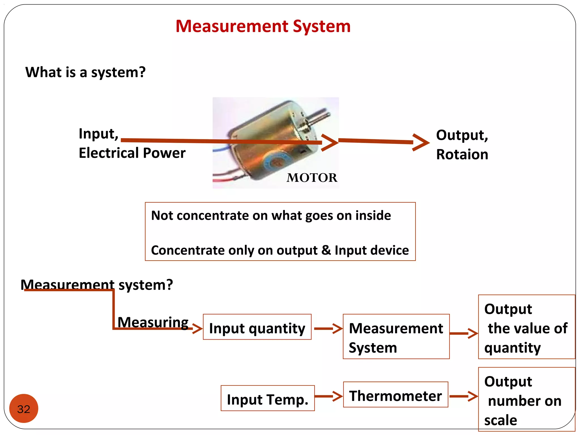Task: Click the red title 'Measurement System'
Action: click(263, 26)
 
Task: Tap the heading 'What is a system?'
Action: click(85, 72)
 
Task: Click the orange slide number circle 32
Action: click(24, 408)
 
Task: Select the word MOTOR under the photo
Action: click(312, 178)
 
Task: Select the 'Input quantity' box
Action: click(257, 327)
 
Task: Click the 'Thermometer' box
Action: click(395, 395)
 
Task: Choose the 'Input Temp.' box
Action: click(267, 398)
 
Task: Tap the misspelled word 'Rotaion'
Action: click(462, 155)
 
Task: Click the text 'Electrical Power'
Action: click(132, 153)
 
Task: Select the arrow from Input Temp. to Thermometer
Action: click(329, 396)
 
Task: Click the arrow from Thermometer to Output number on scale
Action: click(463, 396)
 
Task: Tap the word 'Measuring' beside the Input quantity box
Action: click(153, 322)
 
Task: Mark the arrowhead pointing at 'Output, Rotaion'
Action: click(421, 142)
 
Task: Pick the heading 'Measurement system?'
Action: click(97, 285)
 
